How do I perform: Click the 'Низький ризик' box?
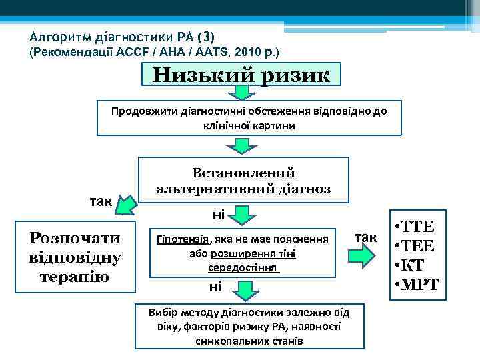tap(241, 74)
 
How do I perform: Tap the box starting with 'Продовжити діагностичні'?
tap(249, 118)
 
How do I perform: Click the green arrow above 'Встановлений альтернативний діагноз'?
tap(244, 147)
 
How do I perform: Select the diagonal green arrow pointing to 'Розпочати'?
tap(125, 208)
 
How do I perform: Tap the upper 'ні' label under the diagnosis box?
tap(218, 215)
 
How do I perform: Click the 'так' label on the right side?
tap(365, 237)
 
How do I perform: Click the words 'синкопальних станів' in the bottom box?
tap(249, 340)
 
